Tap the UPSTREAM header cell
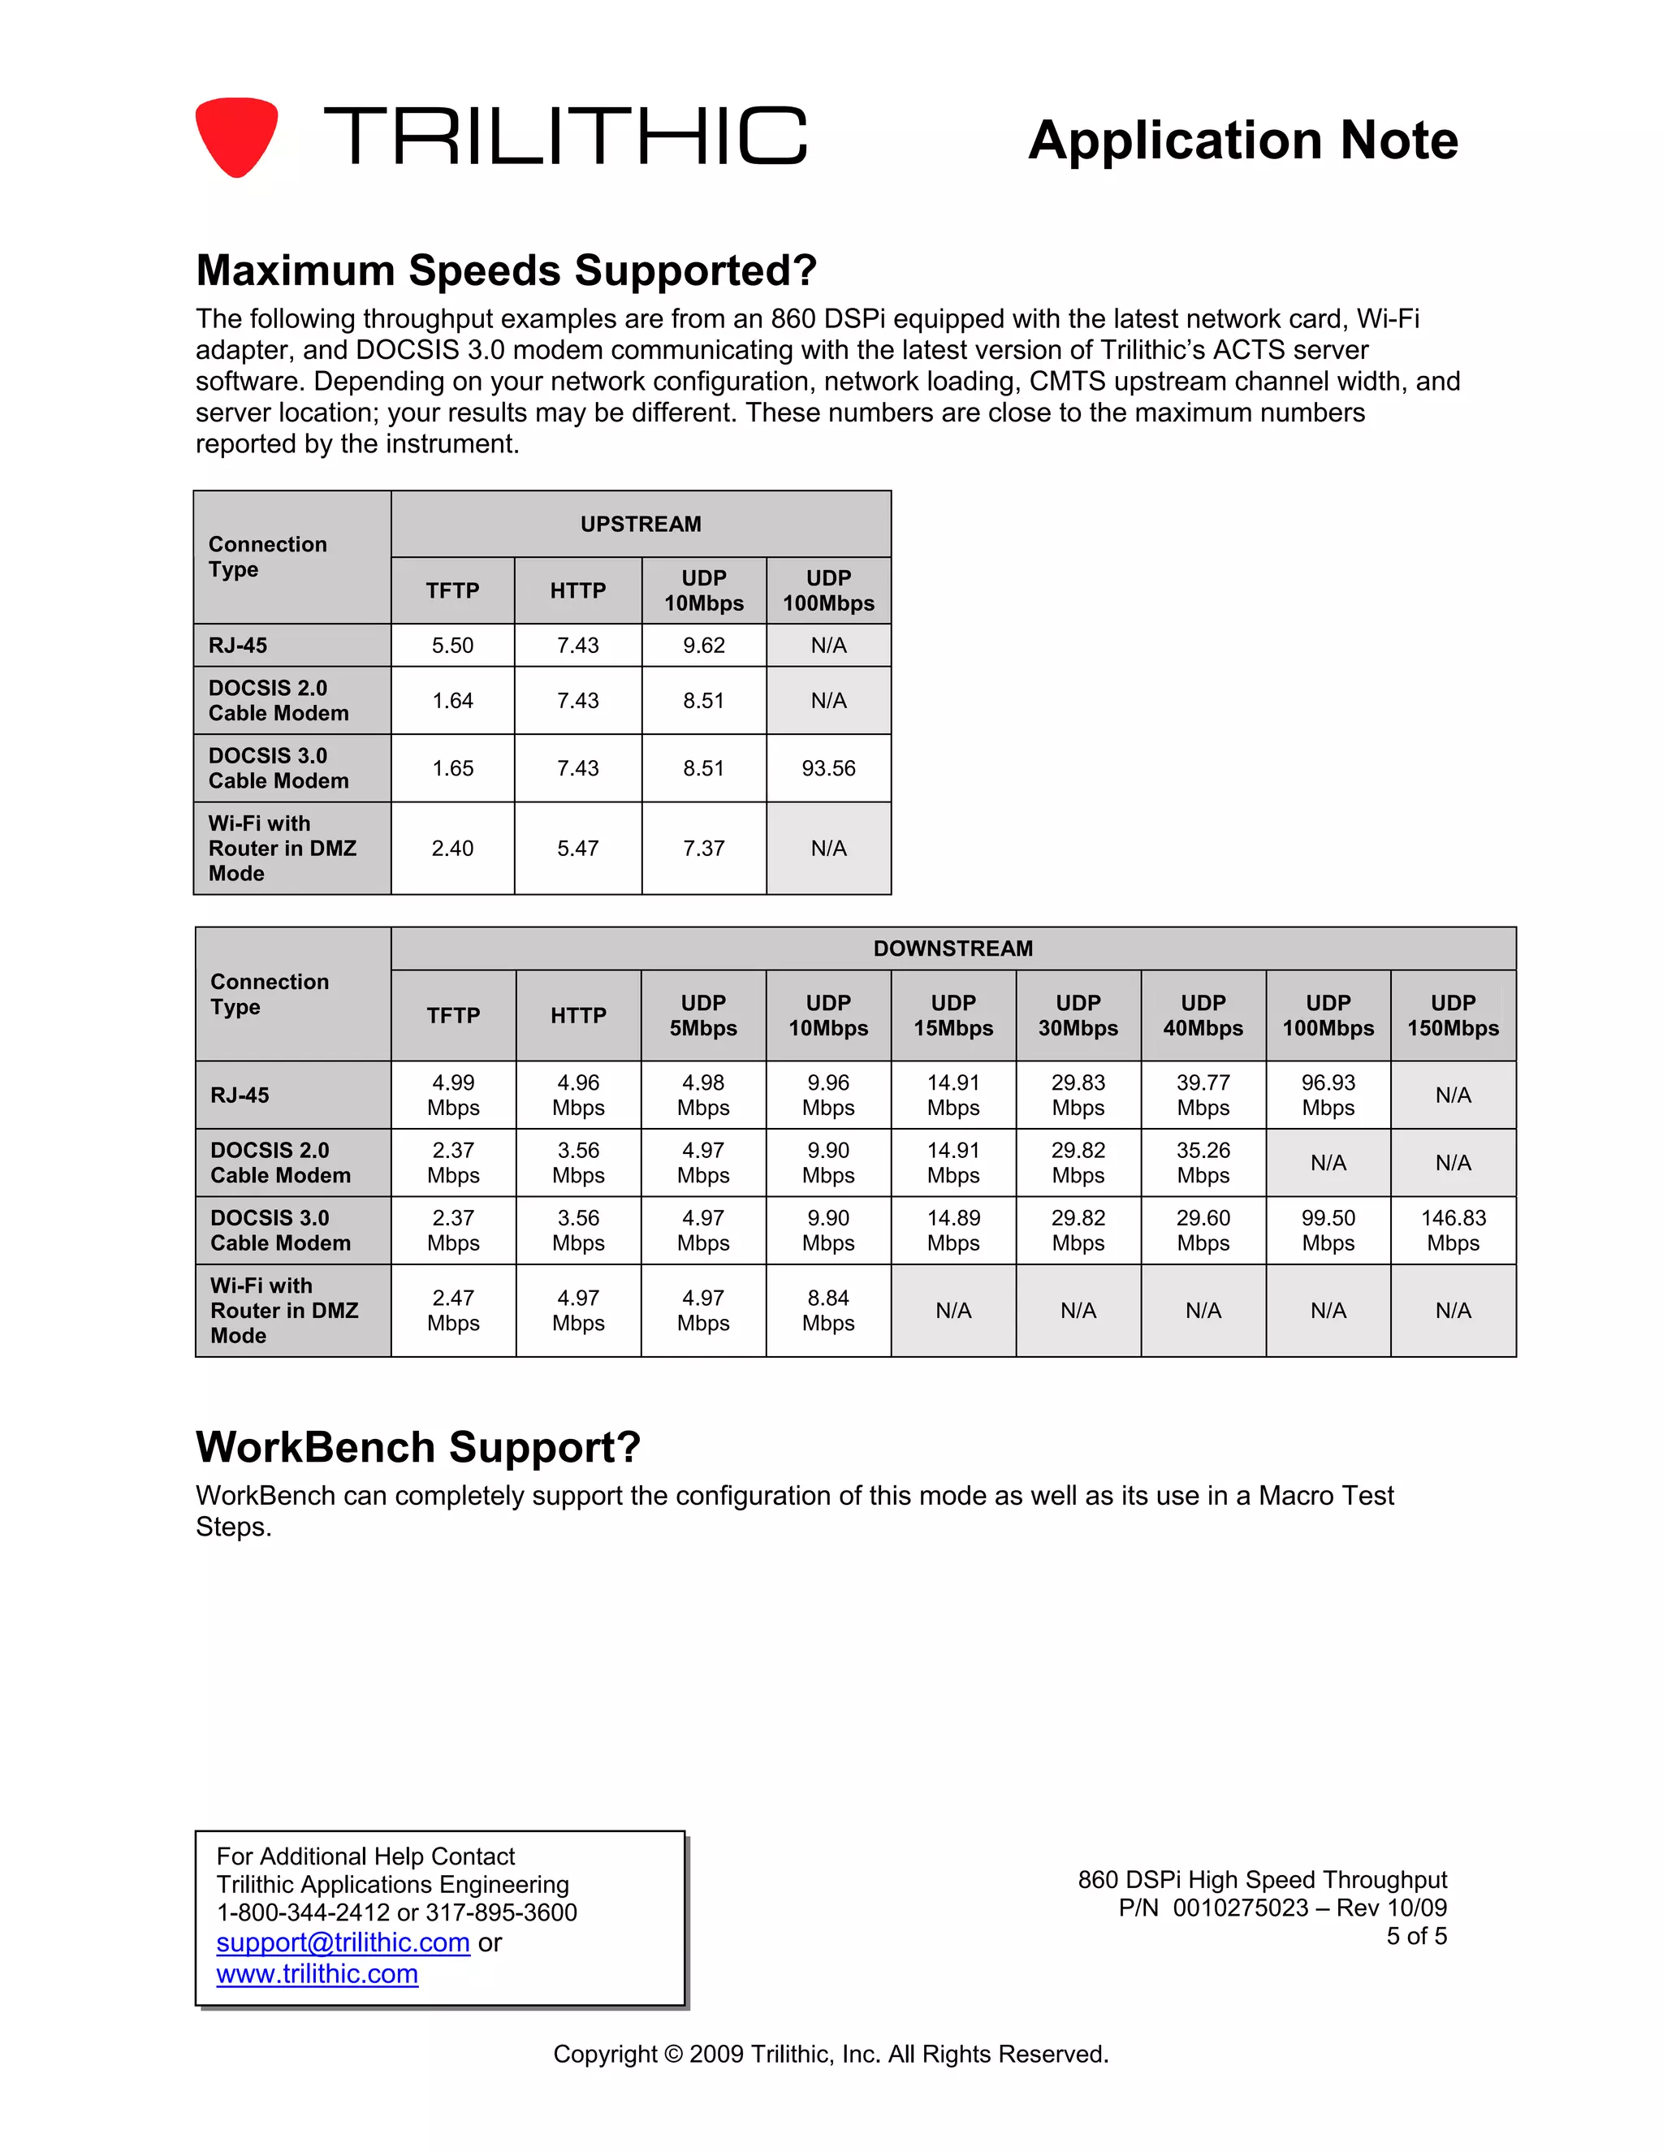641,525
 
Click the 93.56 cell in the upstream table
828,768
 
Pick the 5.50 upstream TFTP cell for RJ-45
452,646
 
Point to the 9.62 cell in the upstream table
703,646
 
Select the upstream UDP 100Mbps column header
828,591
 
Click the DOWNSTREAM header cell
952,949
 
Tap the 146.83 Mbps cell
1454,1230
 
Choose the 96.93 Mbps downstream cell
1328,1095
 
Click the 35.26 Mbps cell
1203,1163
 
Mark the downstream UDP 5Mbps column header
703,1016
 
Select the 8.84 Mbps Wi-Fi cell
828,1311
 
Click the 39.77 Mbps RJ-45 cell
1203,1095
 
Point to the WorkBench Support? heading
417,1447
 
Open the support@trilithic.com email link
343,1942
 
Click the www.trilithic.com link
317,1973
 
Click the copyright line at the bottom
831,2055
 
